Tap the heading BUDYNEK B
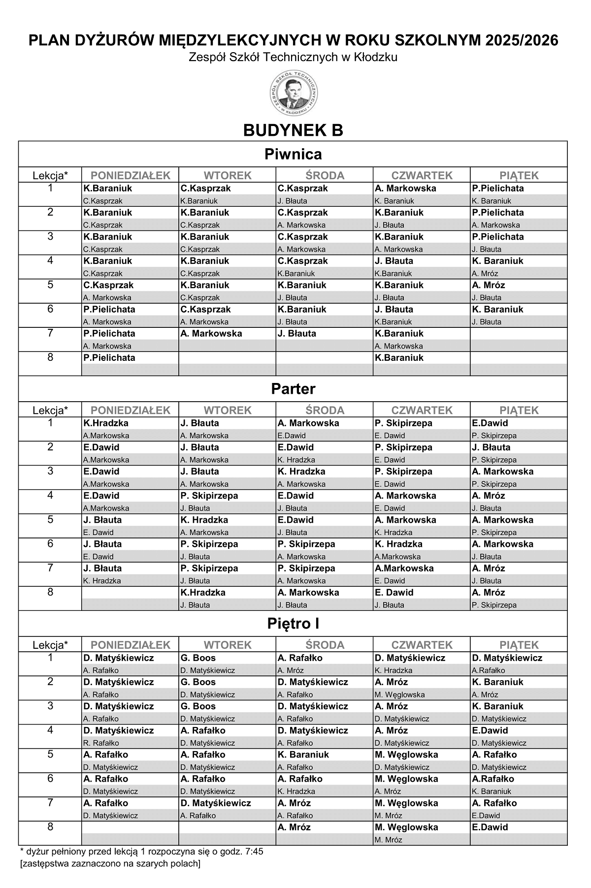[293, 130]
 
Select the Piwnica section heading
[293, 154]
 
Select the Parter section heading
[293, 389]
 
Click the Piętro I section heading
[293, 624]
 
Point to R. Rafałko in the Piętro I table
[101, 743]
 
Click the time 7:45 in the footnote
[253, 851]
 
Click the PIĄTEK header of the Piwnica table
[519, 175]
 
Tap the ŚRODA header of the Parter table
[325, 410]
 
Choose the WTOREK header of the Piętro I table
[228, 645]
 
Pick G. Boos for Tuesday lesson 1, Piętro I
[198, 658]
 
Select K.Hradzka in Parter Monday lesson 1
[106, 423]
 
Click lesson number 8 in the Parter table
[50, 592]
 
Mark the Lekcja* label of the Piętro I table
[50, 645]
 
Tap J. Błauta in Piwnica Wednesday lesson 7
[296, 333]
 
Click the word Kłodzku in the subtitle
[378, 58]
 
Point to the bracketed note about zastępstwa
[110, 863]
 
